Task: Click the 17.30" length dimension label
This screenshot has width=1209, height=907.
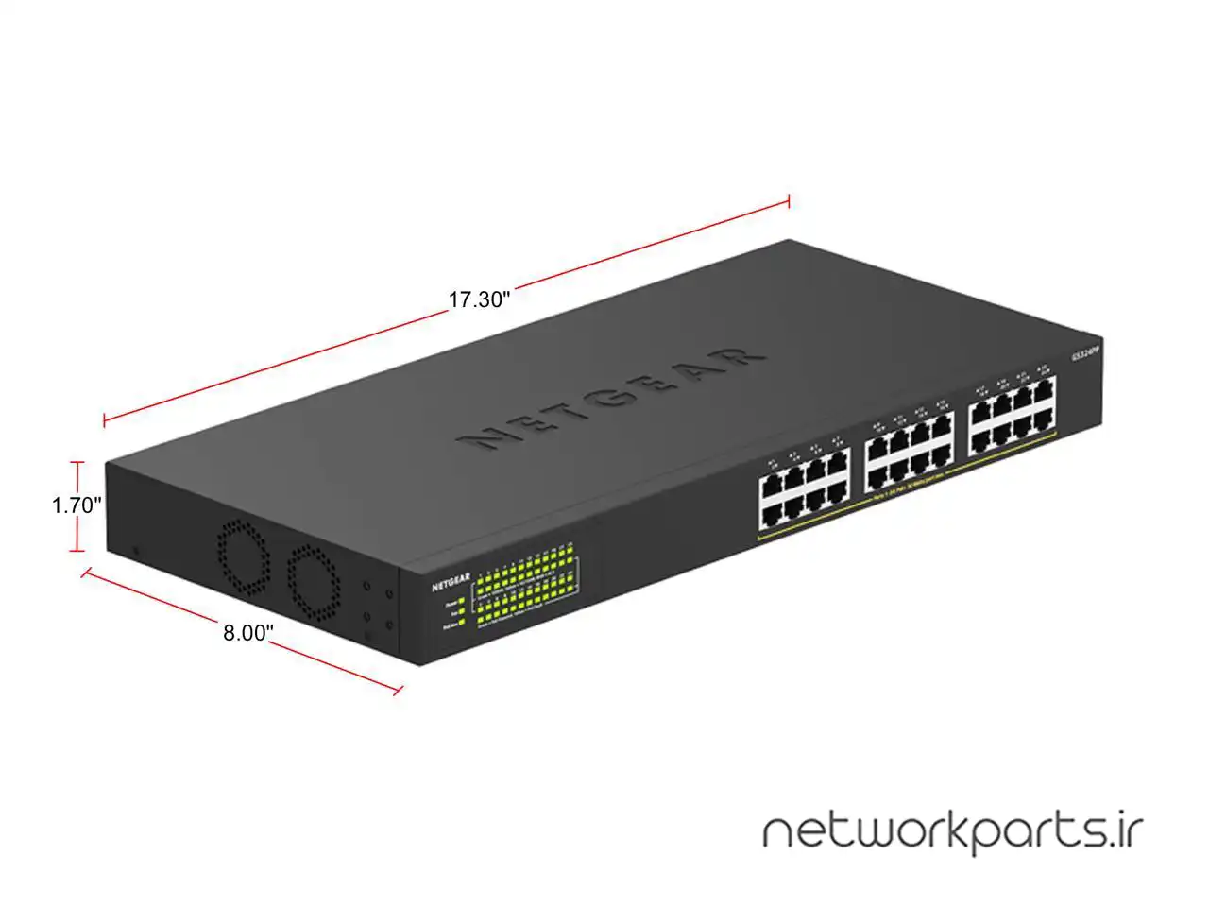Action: tap(479, 300)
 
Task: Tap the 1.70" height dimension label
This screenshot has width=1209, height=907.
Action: tap(77, 505)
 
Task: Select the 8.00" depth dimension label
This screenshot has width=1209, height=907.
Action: tap(247, 633)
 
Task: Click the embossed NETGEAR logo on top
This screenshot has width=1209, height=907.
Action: tap(610, 397)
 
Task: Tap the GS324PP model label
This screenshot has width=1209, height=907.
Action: tap(1086, 354)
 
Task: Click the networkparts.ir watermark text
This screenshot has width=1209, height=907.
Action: tap(952, 832)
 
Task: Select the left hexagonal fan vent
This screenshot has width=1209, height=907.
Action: tap(245, 557)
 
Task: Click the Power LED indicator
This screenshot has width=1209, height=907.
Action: tap(461, 600)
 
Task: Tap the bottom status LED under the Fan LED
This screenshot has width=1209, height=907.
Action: tap(461, 624)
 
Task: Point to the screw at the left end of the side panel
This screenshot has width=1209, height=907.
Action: tap(137, 551)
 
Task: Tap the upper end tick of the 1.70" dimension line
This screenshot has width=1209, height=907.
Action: tap(78, 463)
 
